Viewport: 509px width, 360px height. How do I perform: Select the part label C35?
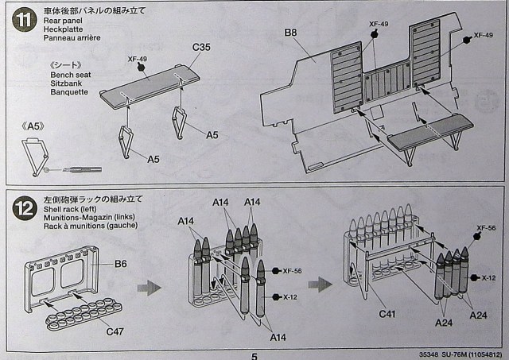pos(201,48)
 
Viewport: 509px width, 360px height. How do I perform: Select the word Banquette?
pos(69,91)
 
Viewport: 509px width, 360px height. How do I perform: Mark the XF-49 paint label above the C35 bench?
pos(138,59)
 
